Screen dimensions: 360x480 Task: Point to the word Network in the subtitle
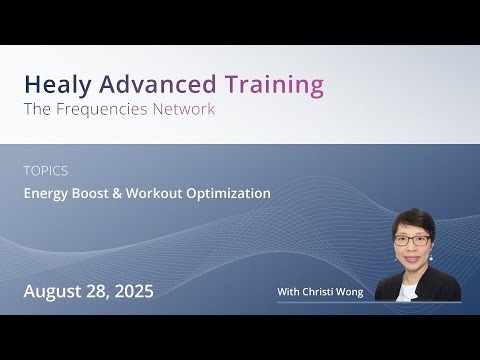(x=184, y=109)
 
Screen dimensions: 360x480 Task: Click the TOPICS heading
(x=46, y=171)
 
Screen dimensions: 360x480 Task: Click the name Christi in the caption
(x=321, y=292)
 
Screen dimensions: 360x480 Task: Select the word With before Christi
(x=290, y=292)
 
